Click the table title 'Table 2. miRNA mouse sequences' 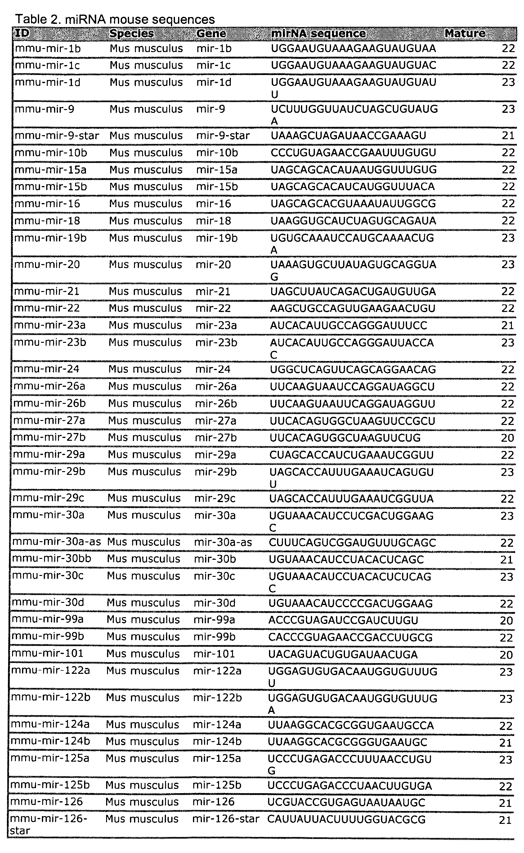coord(115,20)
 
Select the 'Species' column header coord(131,33)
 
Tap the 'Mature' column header coord(465,33)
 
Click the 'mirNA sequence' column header coord(318,33)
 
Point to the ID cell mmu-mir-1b coord(47,48)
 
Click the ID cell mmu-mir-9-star coord(57,135)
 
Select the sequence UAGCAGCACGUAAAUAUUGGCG coord(353,204)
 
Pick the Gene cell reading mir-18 coord(213,221)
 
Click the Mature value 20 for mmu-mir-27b coord(507,438)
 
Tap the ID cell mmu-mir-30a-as coord(56,542)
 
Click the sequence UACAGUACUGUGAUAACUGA coord(343,654)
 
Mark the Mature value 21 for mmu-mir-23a coord(507,325)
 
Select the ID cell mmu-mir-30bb coord(52,559)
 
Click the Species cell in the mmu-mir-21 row coord(145,291)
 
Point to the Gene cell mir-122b coord(217,698)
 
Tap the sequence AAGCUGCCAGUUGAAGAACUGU coord(352,308)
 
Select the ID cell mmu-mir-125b coord(50,785)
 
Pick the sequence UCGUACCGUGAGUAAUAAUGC coord(346,802)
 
